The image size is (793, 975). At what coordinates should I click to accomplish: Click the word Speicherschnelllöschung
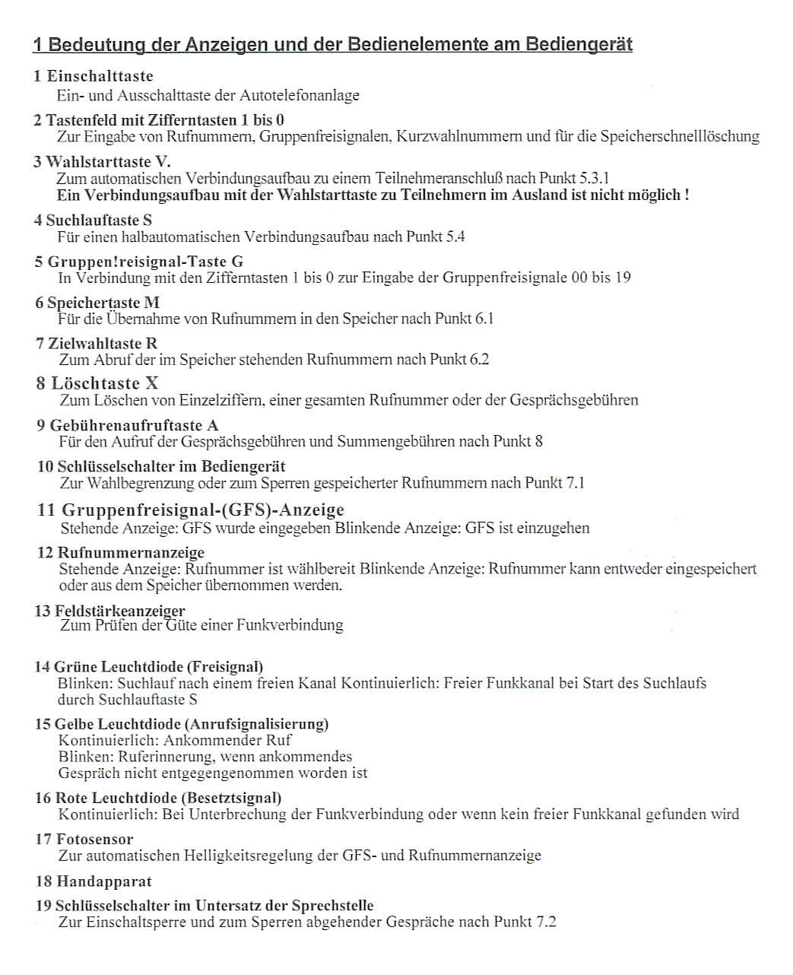[x=680, y=136]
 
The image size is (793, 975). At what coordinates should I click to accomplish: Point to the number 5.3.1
[x=594, y=179]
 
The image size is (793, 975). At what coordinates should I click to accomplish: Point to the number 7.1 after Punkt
[x=576, y=482]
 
